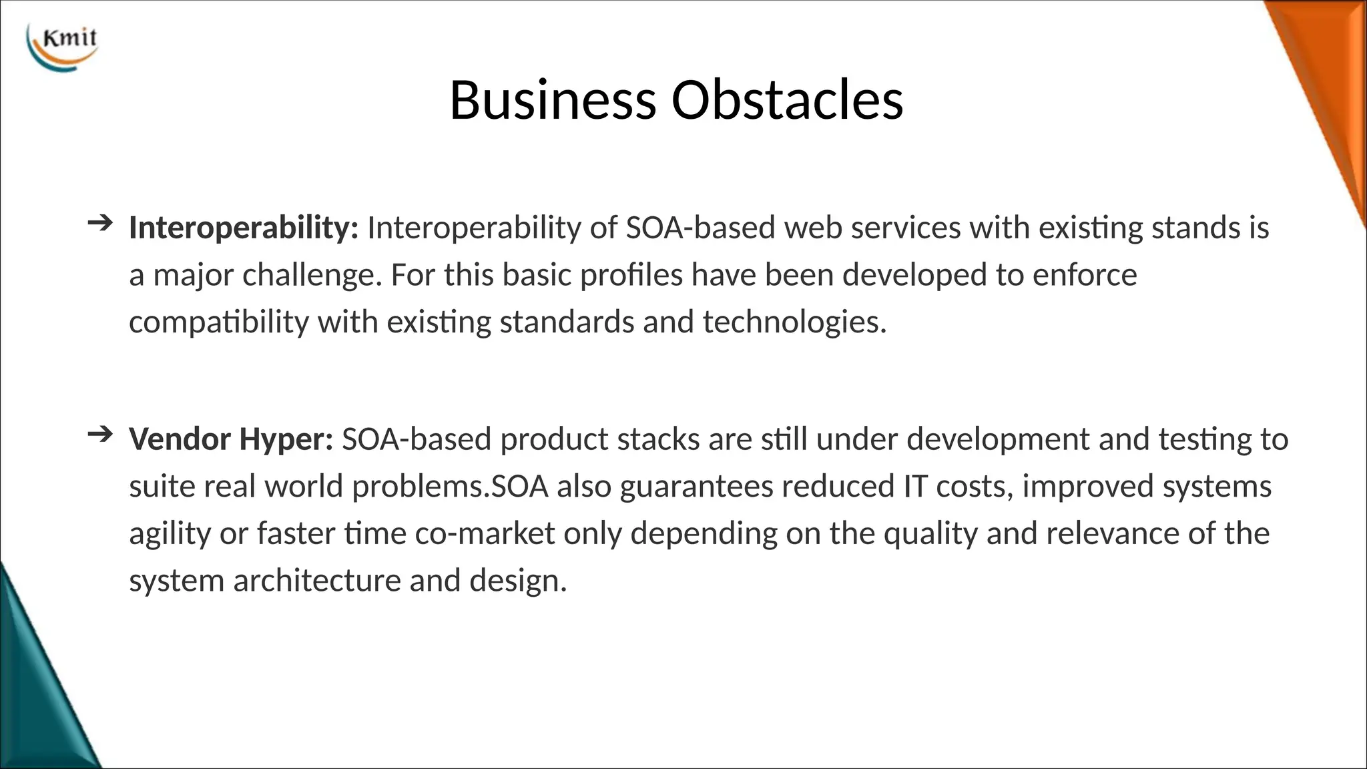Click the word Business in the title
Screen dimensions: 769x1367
553,100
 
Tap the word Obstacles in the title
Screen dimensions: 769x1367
787,100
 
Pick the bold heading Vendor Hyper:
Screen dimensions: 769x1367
231,439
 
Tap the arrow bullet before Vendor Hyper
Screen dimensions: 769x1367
99,435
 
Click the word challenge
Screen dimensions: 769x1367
312,276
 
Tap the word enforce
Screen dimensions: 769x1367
1085,276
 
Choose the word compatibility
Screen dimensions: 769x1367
219,323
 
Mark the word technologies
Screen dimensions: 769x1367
794,323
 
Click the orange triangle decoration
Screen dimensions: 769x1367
1325,80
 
